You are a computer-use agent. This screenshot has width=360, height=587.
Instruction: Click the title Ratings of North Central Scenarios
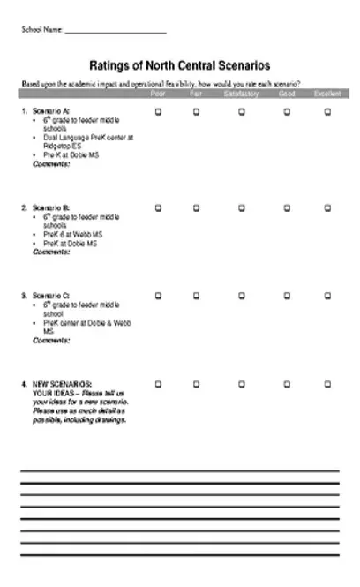coord(180,65)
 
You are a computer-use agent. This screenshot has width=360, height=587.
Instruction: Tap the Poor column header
coord(158,93)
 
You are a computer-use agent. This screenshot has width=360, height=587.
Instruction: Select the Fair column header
coord(196,93)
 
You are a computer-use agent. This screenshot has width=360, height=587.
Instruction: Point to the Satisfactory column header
coord(241,93)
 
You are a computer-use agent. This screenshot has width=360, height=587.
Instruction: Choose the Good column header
coord(287,93)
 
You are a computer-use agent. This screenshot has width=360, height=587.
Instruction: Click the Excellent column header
coord(327,93)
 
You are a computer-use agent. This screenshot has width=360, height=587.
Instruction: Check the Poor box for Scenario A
coord(158,111)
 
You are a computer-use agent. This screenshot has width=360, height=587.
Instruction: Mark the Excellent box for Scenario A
coord(327,111)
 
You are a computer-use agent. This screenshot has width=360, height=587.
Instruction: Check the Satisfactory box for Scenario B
coord(241,207)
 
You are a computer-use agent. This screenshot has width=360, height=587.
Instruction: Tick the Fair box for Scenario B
coord(196,207)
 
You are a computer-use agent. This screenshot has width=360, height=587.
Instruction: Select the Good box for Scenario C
coord(287,295)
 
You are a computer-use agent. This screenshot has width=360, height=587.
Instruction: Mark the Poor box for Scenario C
coord(158,295)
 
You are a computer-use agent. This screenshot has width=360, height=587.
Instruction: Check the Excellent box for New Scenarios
coord(327,384)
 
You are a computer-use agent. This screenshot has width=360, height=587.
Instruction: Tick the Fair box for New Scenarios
coord(196,384)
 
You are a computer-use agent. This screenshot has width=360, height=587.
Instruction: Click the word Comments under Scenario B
coord(51,252)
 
